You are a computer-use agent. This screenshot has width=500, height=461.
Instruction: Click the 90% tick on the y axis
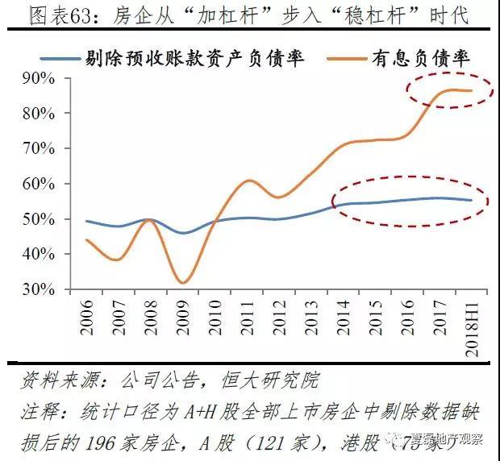click(38, 78)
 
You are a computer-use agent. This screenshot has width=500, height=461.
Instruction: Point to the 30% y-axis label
click(38, 289)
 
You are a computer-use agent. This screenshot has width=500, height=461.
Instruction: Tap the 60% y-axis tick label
click(38, 184)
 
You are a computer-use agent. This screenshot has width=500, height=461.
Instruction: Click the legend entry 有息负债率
click(420, 57)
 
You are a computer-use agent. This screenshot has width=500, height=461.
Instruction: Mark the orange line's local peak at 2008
click(151, 219)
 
